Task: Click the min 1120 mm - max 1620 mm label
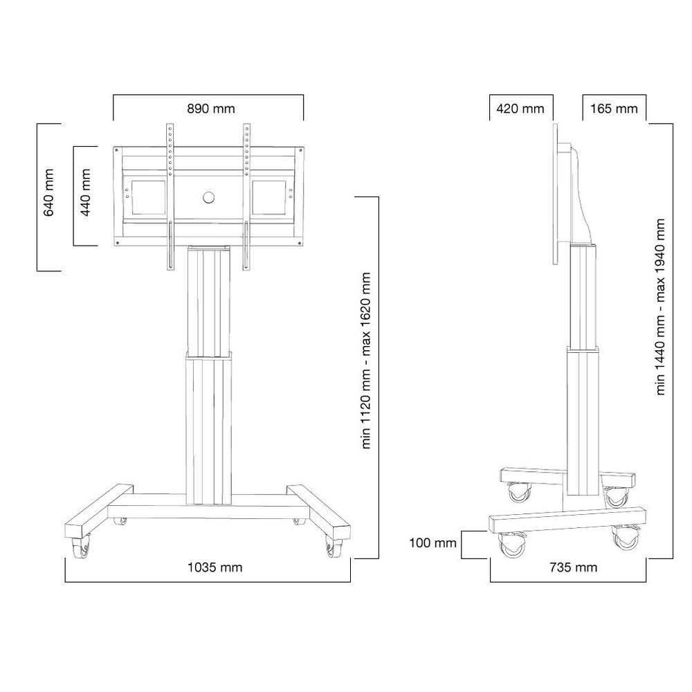pyautogui.click(x=367, y=360)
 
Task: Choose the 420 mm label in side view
pyautogui.click(x=521, y=109)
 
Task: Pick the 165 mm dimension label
pyautogui.click(x=614, y=109)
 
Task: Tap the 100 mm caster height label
pyautogui.click(x=433, y=543)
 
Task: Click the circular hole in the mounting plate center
pyautogui.click(x=209, y=197)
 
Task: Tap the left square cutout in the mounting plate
pyautogui.click(x=145, y=197)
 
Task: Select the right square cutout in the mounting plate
pyautogui.click(x=268, y=197)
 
